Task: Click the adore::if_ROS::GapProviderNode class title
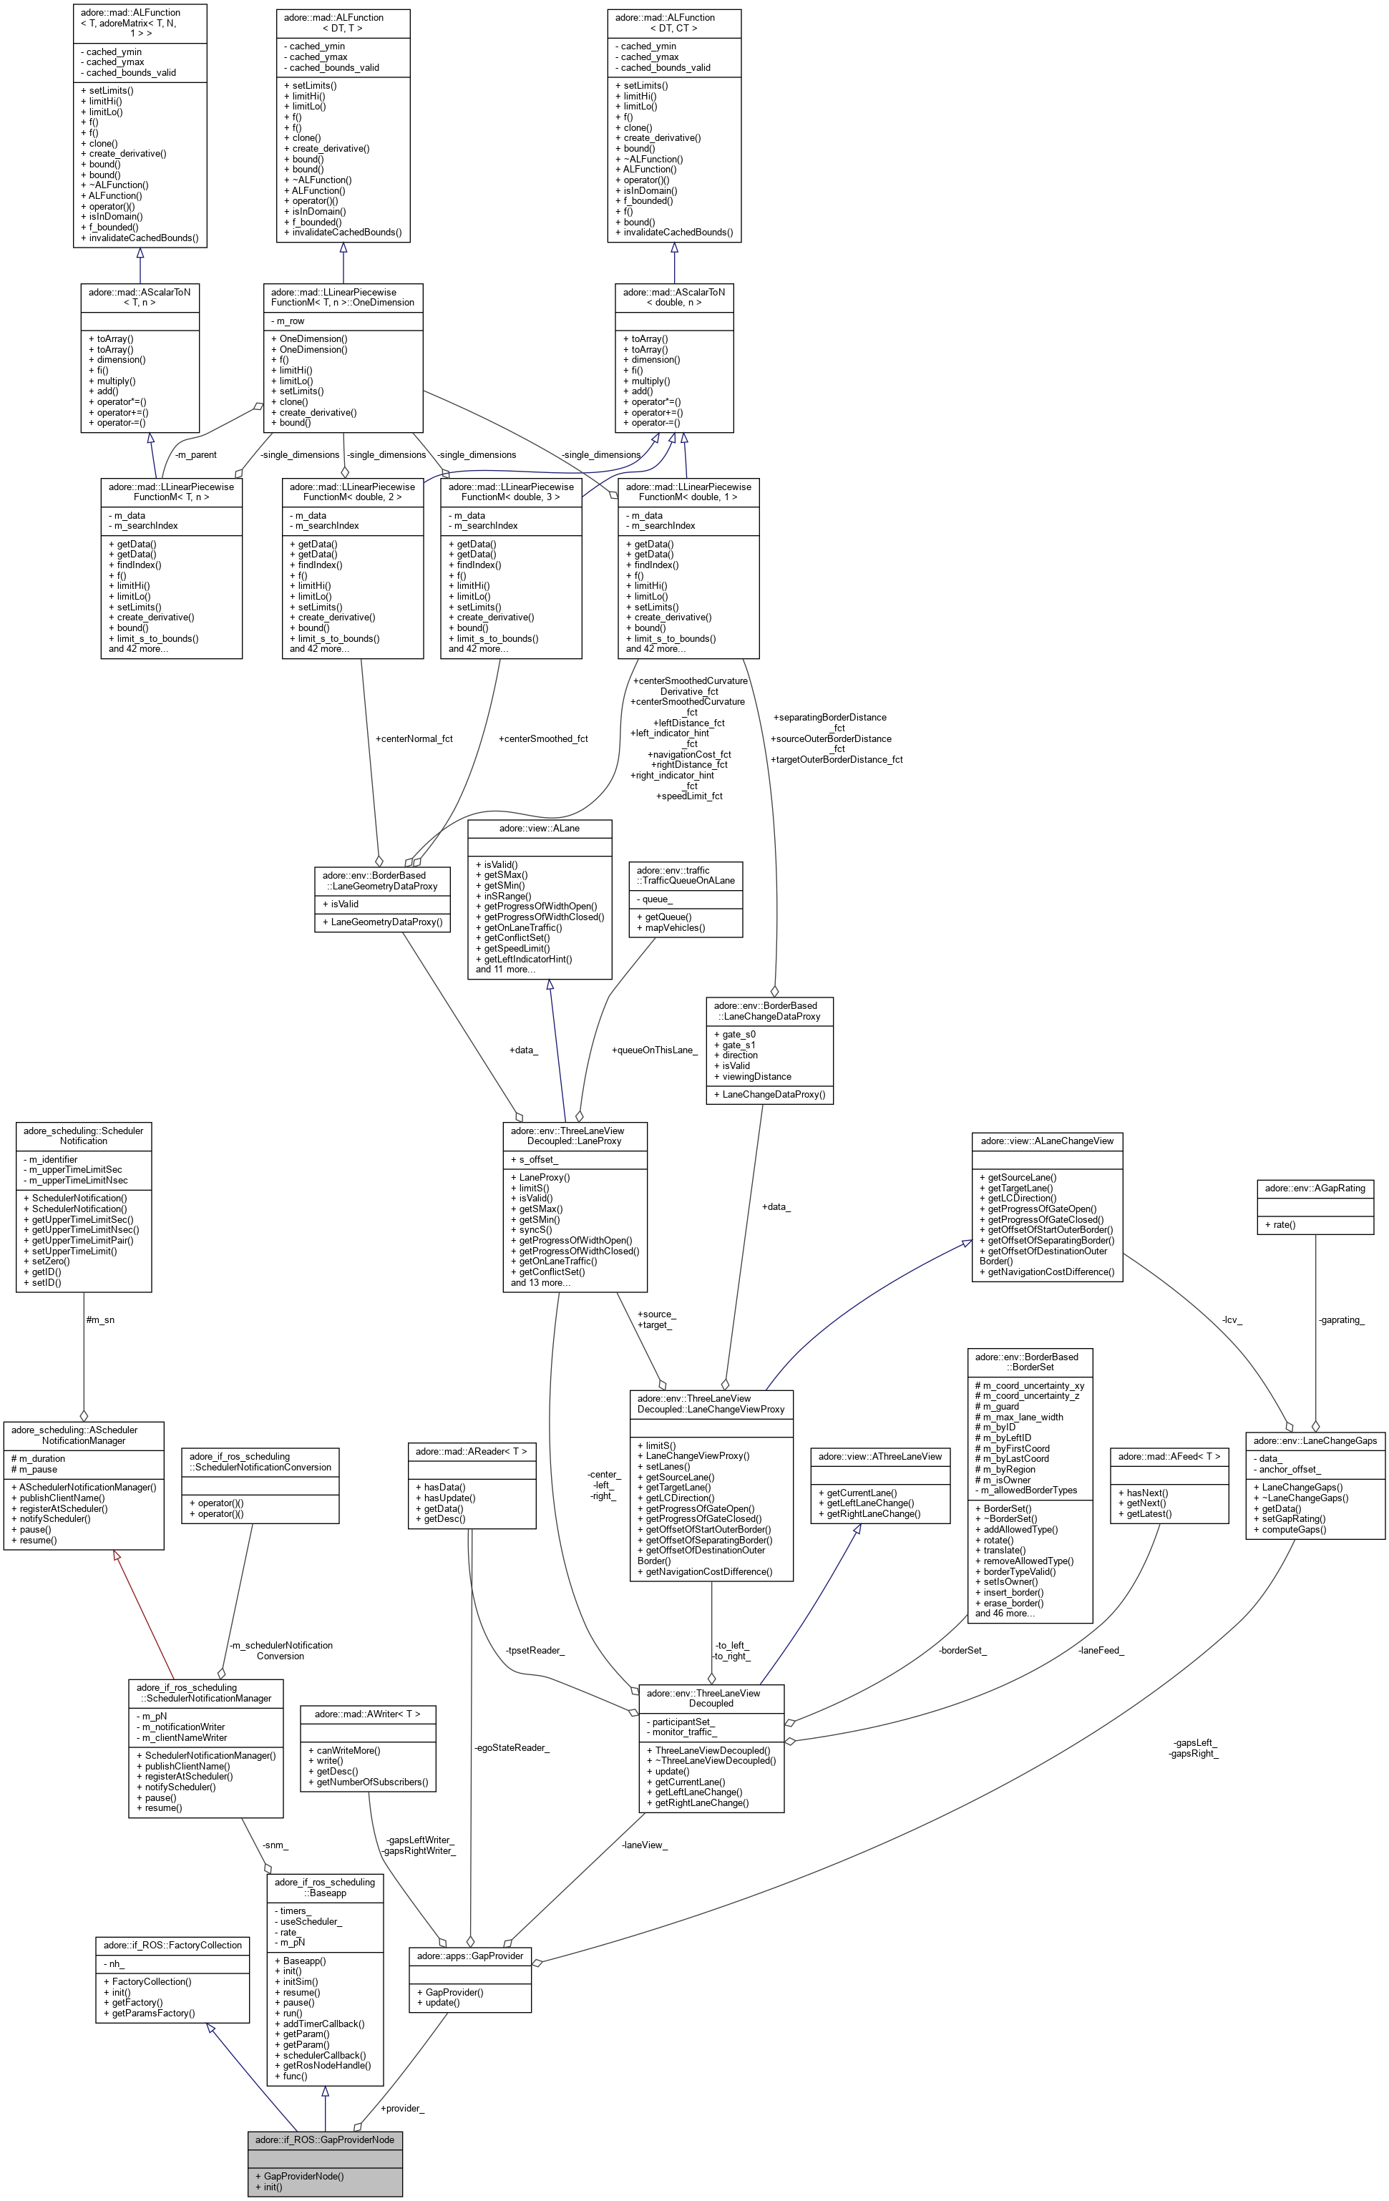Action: tap(325, 2139)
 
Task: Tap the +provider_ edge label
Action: tap(402, 2108)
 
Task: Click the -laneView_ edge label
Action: tap(645, 1845)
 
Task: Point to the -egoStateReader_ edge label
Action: tap(512, 1747)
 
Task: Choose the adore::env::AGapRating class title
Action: tap(1315, 1189)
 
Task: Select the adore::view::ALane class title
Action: tap(540, 828)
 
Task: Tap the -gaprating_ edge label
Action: tap(1342, 1320)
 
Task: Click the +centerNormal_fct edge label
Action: tap(414, 738)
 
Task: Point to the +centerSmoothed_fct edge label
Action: tap(543, 738)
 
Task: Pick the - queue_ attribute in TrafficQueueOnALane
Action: tap(655, 899)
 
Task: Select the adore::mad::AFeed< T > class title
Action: tap(1169, 1456)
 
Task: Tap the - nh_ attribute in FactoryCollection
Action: tap(114, 1963)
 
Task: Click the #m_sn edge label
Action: tap(99, 1320)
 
